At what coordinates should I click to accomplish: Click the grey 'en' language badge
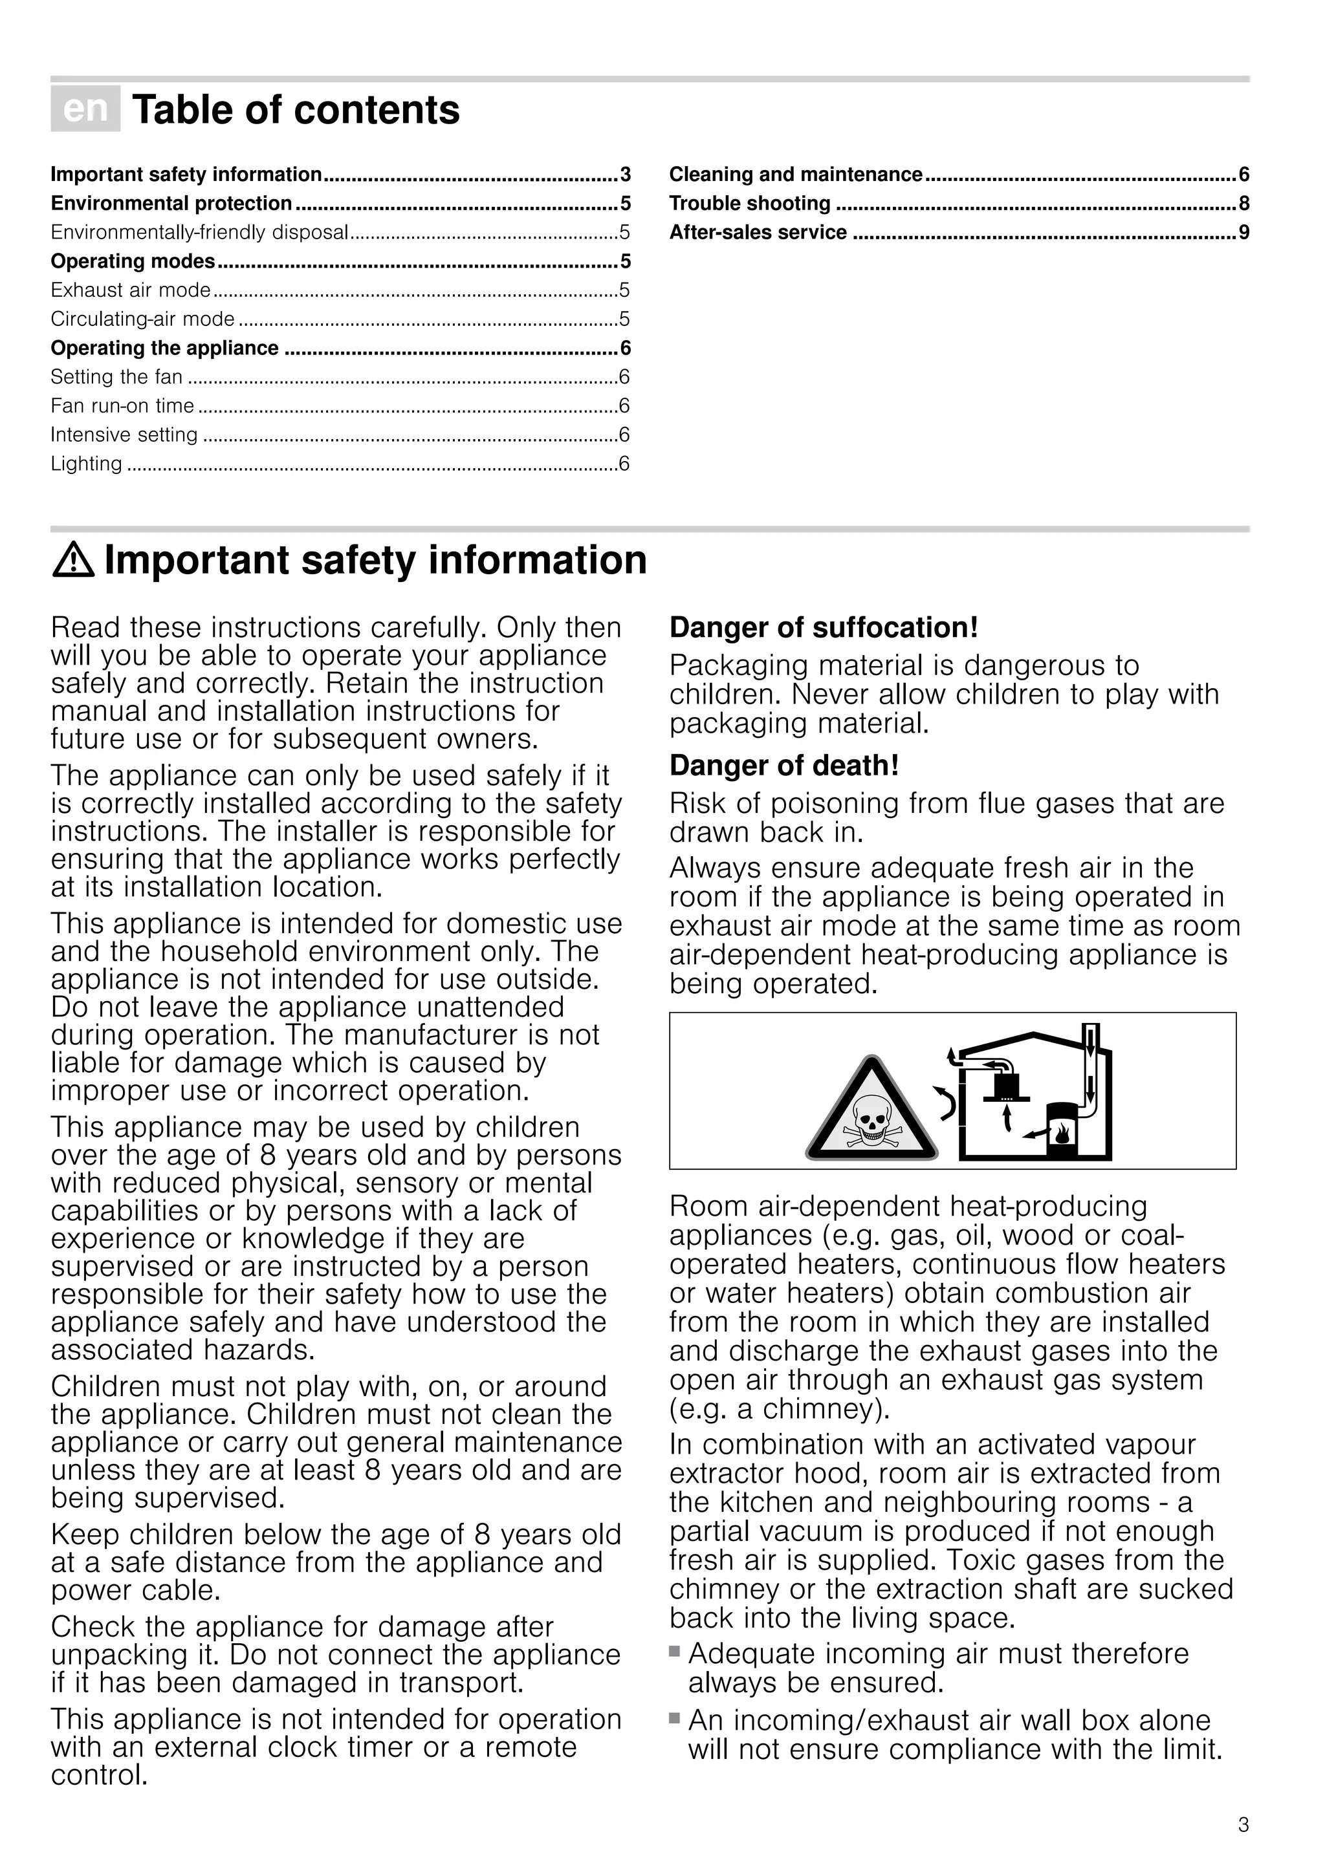coord(85,109)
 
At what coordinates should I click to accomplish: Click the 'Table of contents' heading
coord(296,110)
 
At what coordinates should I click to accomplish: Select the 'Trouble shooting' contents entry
coord(749,203)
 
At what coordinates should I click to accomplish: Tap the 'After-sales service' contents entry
coord(758,233)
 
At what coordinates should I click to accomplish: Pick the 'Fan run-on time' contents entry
coord(122,405)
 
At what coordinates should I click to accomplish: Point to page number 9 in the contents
coord(1243,233)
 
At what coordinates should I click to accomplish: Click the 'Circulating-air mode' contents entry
coord(143,319)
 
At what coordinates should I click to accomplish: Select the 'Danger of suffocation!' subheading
coord(823,628)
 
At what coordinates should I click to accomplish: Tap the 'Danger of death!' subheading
coord(783,766)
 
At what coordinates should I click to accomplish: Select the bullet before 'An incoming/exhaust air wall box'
coord(674,1718)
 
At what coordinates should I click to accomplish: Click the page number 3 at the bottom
coord(1243,1825)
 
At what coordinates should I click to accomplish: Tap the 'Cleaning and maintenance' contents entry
coord(795,175)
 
